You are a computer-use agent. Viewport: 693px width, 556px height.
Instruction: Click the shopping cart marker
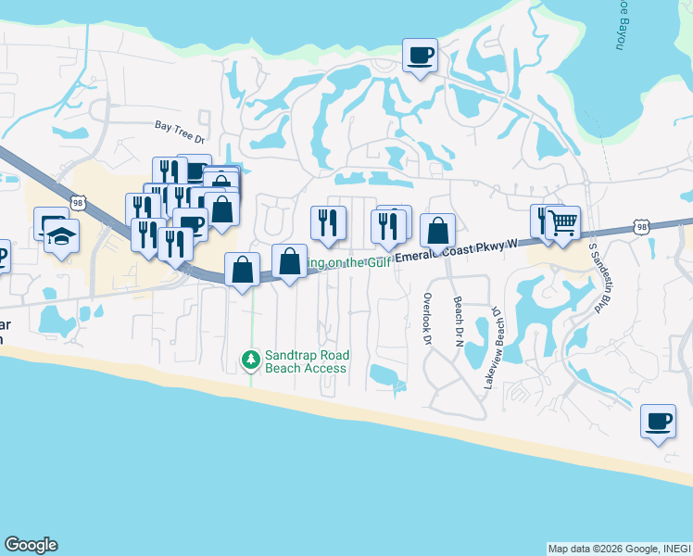click(563, 222)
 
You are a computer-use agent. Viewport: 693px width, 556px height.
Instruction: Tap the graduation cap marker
click(61, 236)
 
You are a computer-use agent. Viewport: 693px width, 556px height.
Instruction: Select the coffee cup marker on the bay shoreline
click(420, 56)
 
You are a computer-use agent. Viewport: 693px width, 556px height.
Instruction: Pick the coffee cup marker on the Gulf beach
click(658, 422)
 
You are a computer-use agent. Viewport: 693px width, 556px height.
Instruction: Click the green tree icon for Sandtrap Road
click(249, 359)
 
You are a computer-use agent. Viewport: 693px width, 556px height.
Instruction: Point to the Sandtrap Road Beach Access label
click(306, 361)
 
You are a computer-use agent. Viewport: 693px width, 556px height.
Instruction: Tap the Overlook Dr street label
click(427, 320)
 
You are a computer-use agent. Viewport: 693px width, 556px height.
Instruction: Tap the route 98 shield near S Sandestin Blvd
click(641, 226)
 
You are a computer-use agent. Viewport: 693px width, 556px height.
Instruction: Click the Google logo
click(31, 545)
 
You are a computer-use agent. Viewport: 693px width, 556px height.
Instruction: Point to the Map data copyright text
click(618, 549)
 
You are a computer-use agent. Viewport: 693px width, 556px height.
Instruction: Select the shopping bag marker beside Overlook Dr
click(437, 230)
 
